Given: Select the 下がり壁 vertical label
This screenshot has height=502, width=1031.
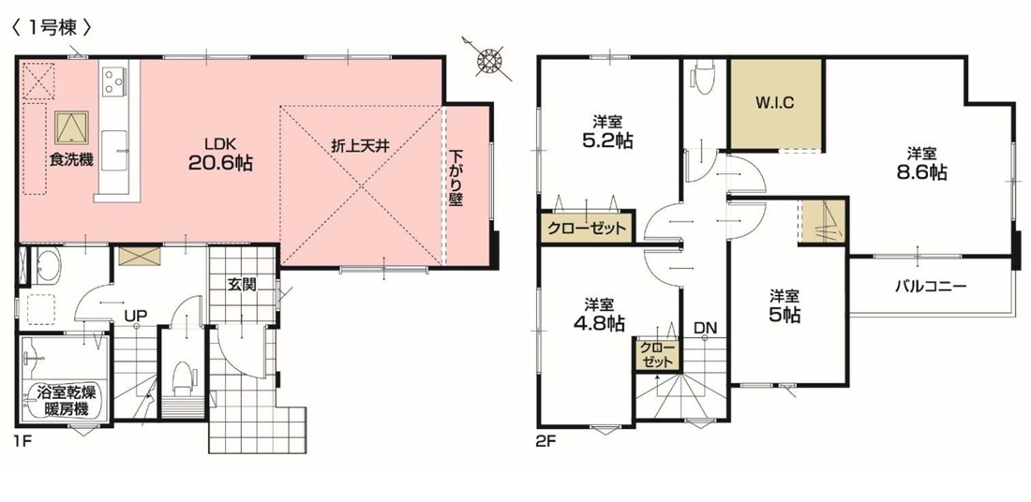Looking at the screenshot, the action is tap(457, 179).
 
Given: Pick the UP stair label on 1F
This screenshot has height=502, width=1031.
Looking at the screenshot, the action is tap(135, 316).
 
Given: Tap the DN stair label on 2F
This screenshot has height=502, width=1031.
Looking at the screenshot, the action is tap(704, 327).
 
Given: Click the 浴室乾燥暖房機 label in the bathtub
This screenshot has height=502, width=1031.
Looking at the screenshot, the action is tap(65, 401).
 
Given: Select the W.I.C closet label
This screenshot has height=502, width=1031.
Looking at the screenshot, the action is tap(775, 103).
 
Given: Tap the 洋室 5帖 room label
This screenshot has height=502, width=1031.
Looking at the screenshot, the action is tap(785, 306).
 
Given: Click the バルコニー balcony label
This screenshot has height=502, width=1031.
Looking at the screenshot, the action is tap(929, 287).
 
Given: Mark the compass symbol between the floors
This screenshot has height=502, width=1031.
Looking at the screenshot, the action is tap(488, 58).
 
